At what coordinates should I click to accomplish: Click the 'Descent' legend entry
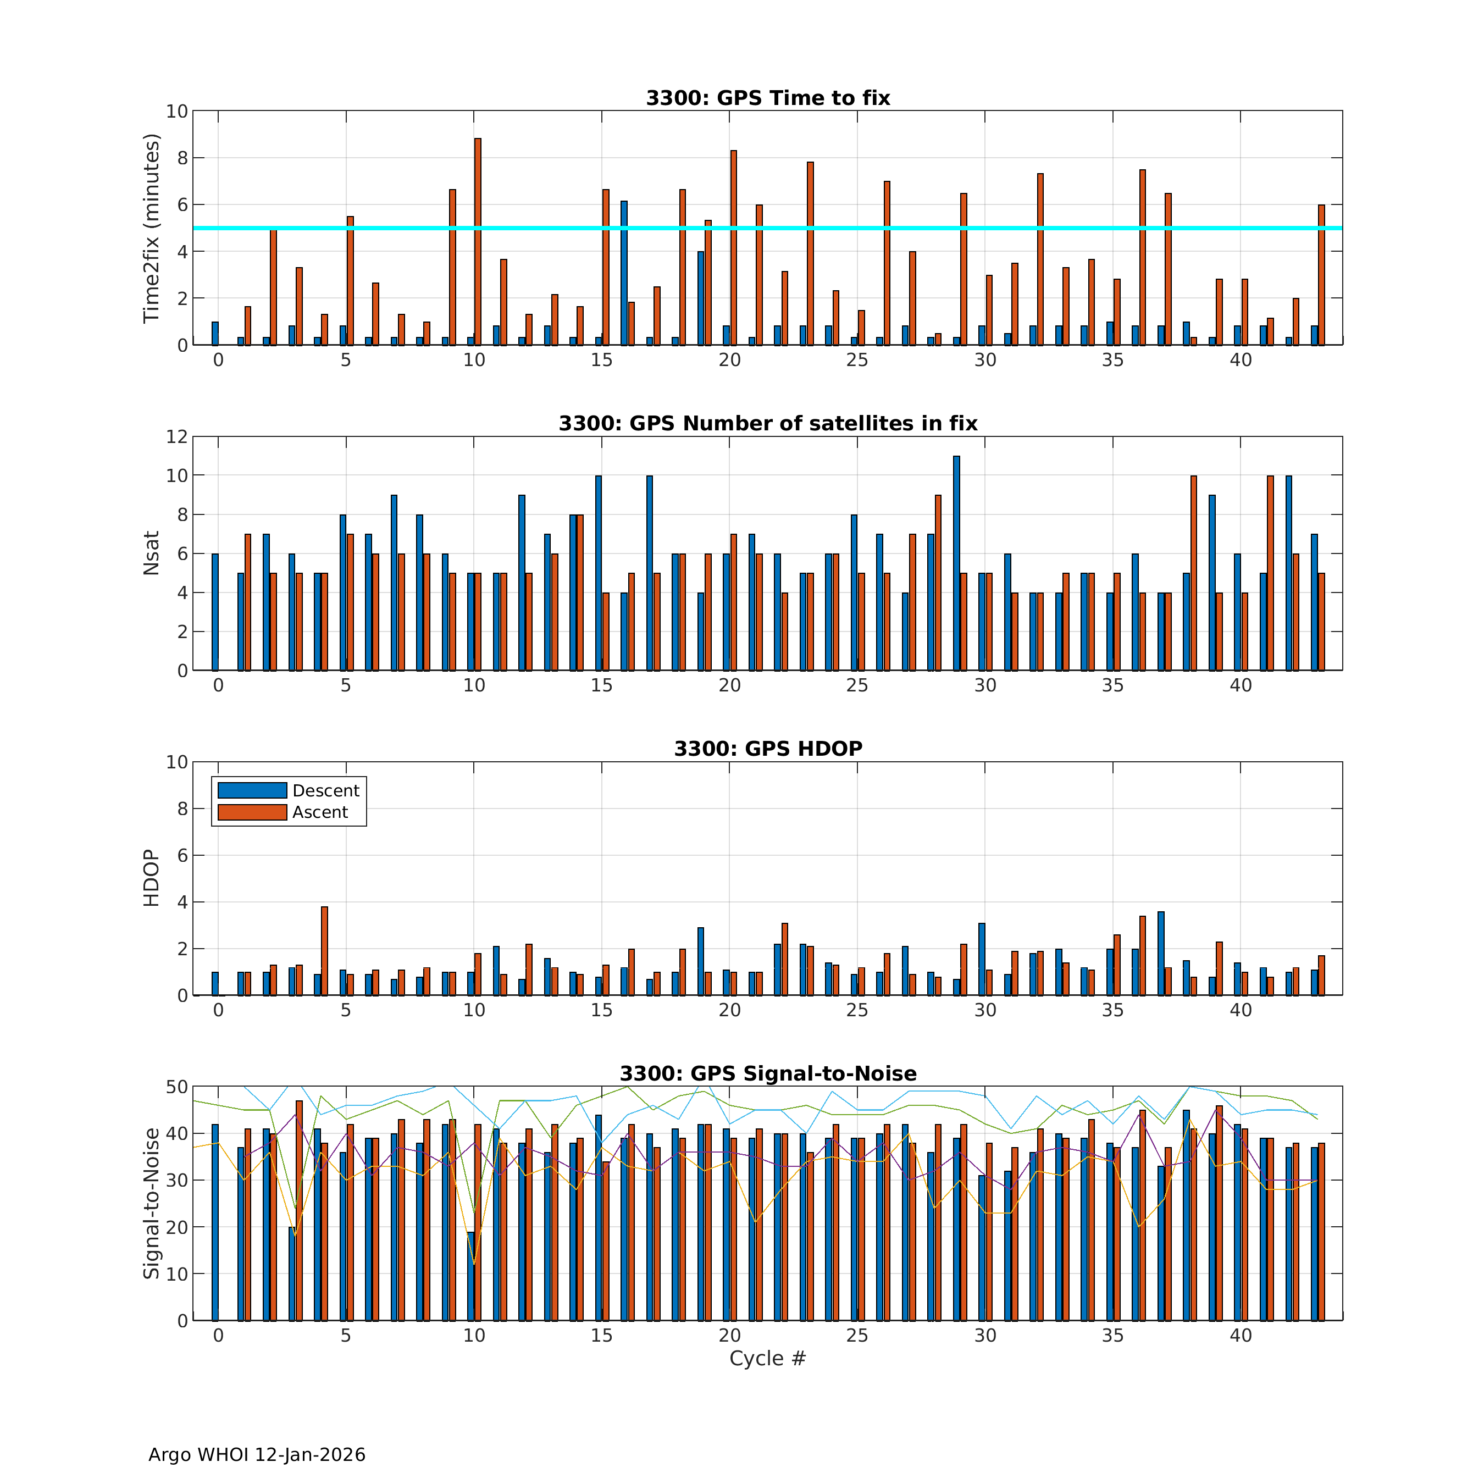326,790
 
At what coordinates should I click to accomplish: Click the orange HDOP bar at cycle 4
324,951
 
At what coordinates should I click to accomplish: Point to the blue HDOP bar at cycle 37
1161,953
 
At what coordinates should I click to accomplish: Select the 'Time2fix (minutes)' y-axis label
151,228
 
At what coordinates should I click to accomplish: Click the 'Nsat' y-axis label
151,553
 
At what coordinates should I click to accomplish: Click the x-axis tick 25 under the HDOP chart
857,1010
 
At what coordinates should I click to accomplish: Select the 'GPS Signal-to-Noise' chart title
767,1074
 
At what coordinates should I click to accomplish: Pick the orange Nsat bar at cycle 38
1194,573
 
